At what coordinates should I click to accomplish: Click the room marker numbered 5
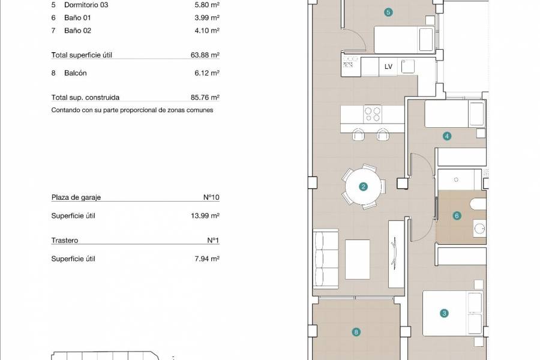tap(389, 12)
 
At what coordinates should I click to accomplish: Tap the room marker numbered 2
tap(363, 187)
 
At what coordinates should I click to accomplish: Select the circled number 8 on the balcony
tap(356, 331)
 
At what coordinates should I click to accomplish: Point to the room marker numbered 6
tap(457, 215)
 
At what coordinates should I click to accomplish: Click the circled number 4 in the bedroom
tap(447, 136)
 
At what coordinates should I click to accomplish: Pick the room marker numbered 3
tap(445, 313)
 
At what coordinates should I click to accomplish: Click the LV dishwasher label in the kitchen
tap(388, 67)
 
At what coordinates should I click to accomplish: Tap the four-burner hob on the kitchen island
tap(373, 113)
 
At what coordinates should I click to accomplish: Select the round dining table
tap(363, 187)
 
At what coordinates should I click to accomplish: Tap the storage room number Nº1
tap(212, 241)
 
